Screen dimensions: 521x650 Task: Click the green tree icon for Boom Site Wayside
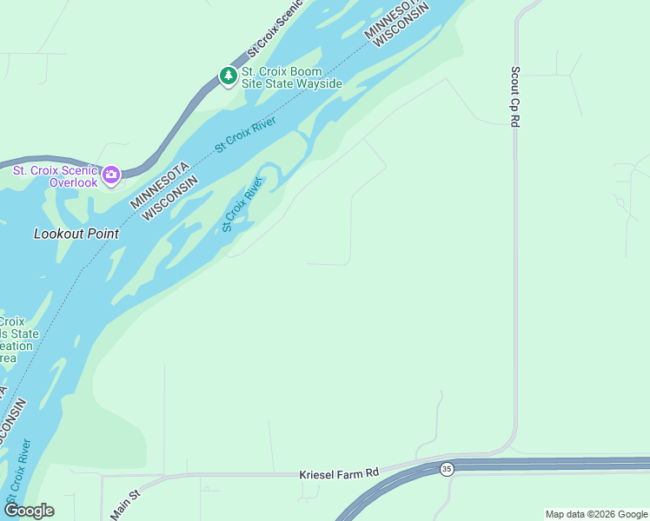pyautogui.click(x=229, y=76)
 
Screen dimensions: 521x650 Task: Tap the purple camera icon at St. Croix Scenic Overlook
pyautogui.click(x=111, y=176)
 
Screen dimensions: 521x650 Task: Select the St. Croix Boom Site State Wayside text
pyautogui.click(x=292, y=77)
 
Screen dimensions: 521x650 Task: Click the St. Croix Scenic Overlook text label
pyautogui.click(x=54, y=176)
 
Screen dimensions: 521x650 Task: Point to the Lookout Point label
pyautogui.click(x=76, y=234)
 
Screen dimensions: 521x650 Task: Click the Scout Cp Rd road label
pyautogui.click(x=514, y=96)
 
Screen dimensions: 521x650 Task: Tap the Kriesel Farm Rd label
pyautogui.click(x=339, y=473)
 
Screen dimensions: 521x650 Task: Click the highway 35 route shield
pyautogui.click(x=447, y=469)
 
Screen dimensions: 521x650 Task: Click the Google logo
pyautogui.click(x=28, y=511)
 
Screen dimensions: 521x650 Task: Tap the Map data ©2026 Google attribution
pyautogui.click(x=596, y=514)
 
